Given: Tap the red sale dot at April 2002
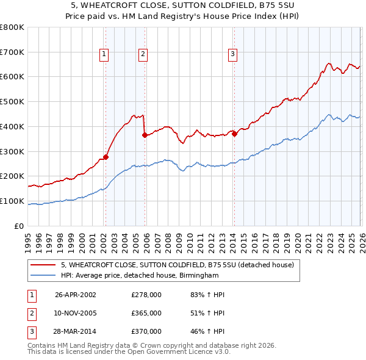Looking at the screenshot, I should [106, 157].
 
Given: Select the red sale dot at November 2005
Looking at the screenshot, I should [145, 135].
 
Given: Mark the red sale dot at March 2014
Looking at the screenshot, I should [234, 134].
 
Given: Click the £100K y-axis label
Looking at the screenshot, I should [12, 201].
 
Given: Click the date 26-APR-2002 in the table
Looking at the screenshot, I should [75, 295].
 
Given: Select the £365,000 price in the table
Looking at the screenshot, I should [146, 313].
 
